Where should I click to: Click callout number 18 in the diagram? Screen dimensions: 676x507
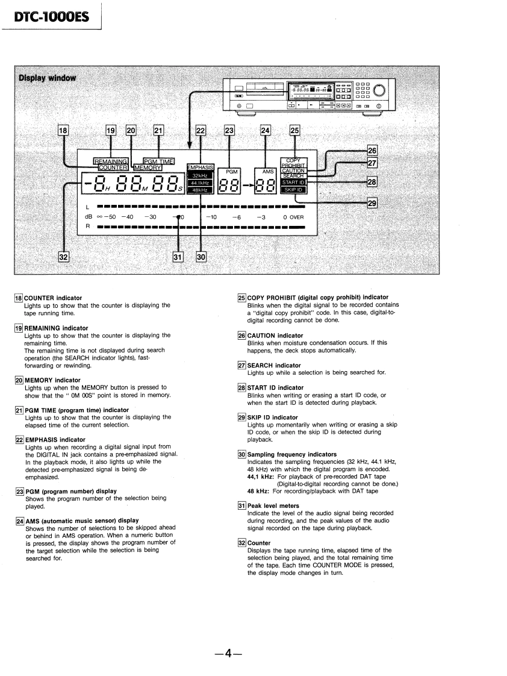click(63, 129)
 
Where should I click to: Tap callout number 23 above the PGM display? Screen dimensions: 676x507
click(229, 129)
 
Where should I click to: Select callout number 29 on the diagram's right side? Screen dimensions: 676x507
click(372, 204)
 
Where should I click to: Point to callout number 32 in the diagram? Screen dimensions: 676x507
click(63, 257)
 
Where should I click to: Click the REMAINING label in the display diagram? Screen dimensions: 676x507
click(111, 161)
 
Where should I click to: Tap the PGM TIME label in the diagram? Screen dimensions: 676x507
click(158, 161)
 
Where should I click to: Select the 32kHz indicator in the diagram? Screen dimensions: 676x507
click(200, 175)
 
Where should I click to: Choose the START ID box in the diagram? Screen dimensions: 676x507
click(294, 182)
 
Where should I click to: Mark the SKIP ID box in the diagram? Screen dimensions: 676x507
click(294, 190)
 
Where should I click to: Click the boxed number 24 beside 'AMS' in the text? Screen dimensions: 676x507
click(20, 521)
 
